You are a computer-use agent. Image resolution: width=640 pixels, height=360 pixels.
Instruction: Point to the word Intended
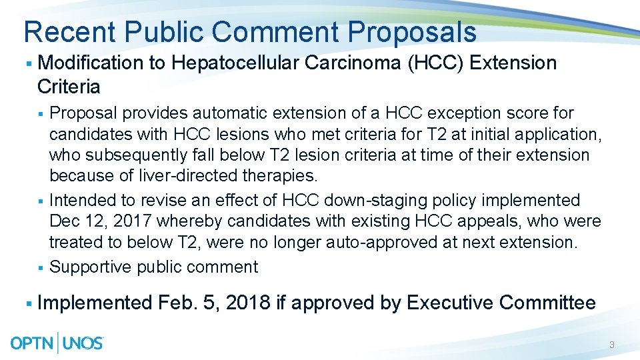[81, 200]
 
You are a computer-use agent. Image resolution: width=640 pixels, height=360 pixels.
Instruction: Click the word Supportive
[91, 267]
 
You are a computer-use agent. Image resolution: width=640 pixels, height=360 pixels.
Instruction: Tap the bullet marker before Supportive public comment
[41, 267]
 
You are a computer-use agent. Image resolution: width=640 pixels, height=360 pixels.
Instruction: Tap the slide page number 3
[611, 345]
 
